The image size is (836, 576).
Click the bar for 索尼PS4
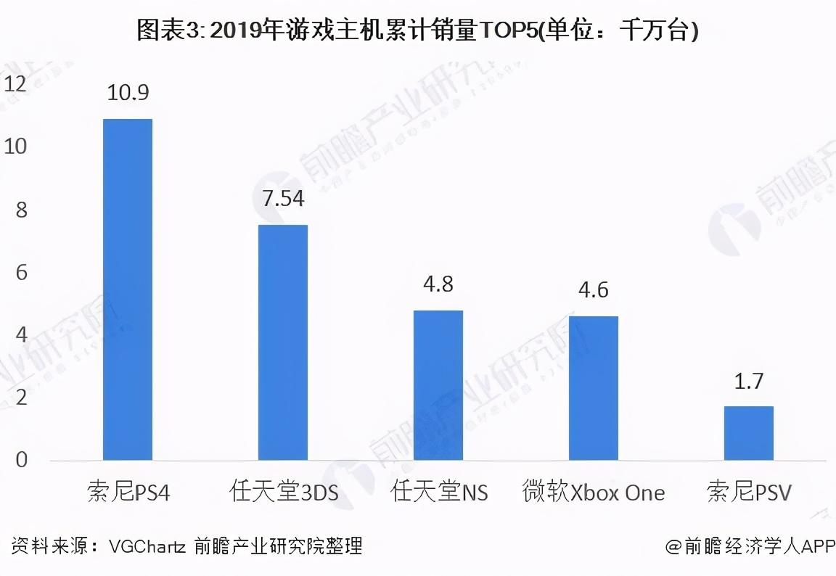pos(128,289)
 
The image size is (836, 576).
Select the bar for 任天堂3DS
pos(283,342)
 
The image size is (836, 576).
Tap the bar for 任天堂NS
pos(438,385)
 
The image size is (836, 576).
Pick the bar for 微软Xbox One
pos(594,388)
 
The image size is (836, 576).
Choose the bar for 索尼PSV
pos(749,433)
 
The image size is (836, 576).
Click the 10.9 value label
pos(128,93)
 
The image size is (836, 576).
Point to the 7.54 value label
pos(283,199)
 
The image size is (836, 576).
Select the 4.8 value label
pos(438,284)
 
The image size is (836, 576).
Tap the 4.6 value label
pos(594,290)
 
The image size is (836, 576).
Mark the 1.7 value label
pos(749,381)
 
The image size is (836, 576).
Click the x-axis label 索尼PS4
pos(128,493)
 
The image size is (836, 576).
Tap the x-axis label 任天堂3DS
pos(283,493)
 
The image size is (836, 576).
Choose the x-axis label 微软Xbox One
pos(594,493)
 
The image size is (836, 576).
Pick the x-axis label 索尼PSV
pos(749,493)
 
